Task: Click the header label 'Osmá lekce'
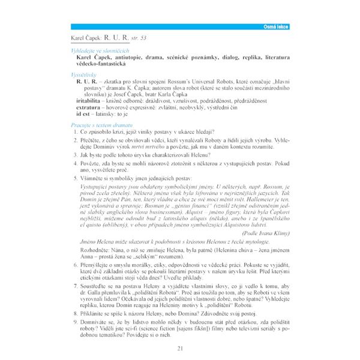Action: (272, 28)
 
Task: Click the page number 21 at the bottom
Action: (181, 349)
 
